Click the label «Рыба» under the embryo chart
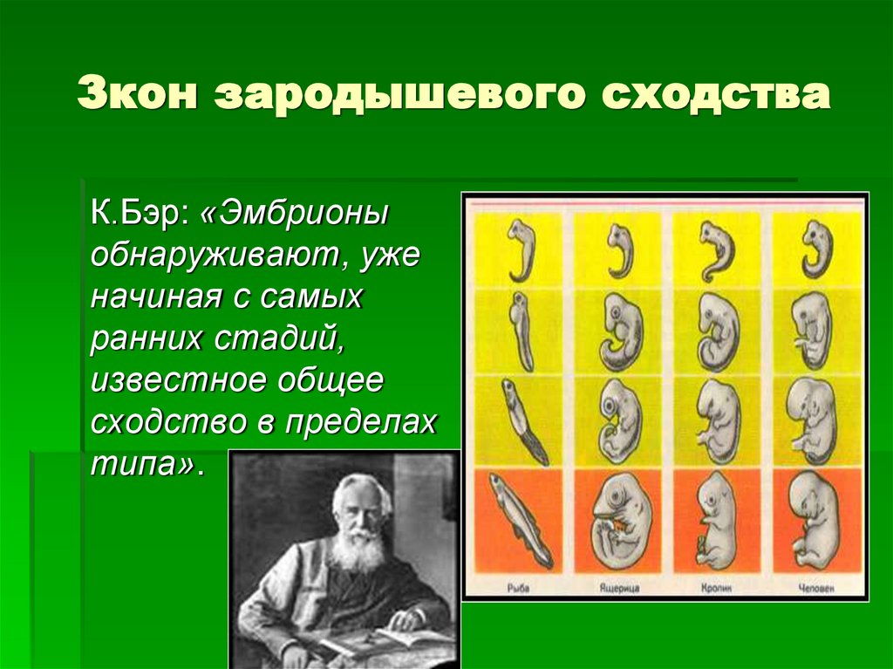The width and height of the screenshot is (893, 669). tap(520, 588)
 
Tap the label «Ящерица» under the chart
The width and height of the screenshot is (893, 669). tap(621, 588)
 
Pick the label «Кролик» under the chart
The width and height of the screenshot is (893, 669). tap(719, 588)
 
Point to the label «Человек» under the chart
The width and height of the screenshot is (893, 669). tap(818, 588)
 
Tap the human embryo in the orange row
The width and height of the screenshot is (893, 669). tap(815, 520)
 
